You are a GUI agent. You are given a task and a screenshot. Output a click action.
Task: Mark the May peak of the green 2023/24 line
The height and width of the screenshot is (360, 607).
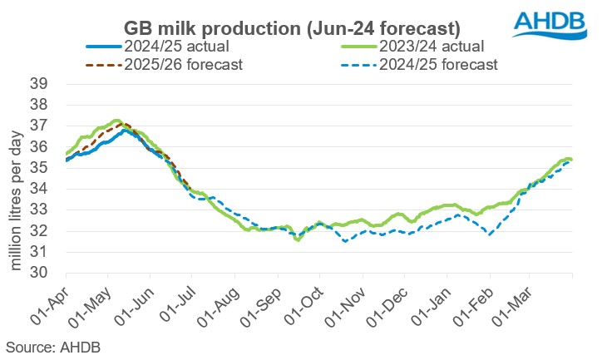(x=117, y=121)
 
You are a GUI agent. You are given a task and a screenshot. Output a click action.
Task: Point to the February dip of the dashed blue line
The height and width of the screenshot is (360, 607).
(x=491, y=235)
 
